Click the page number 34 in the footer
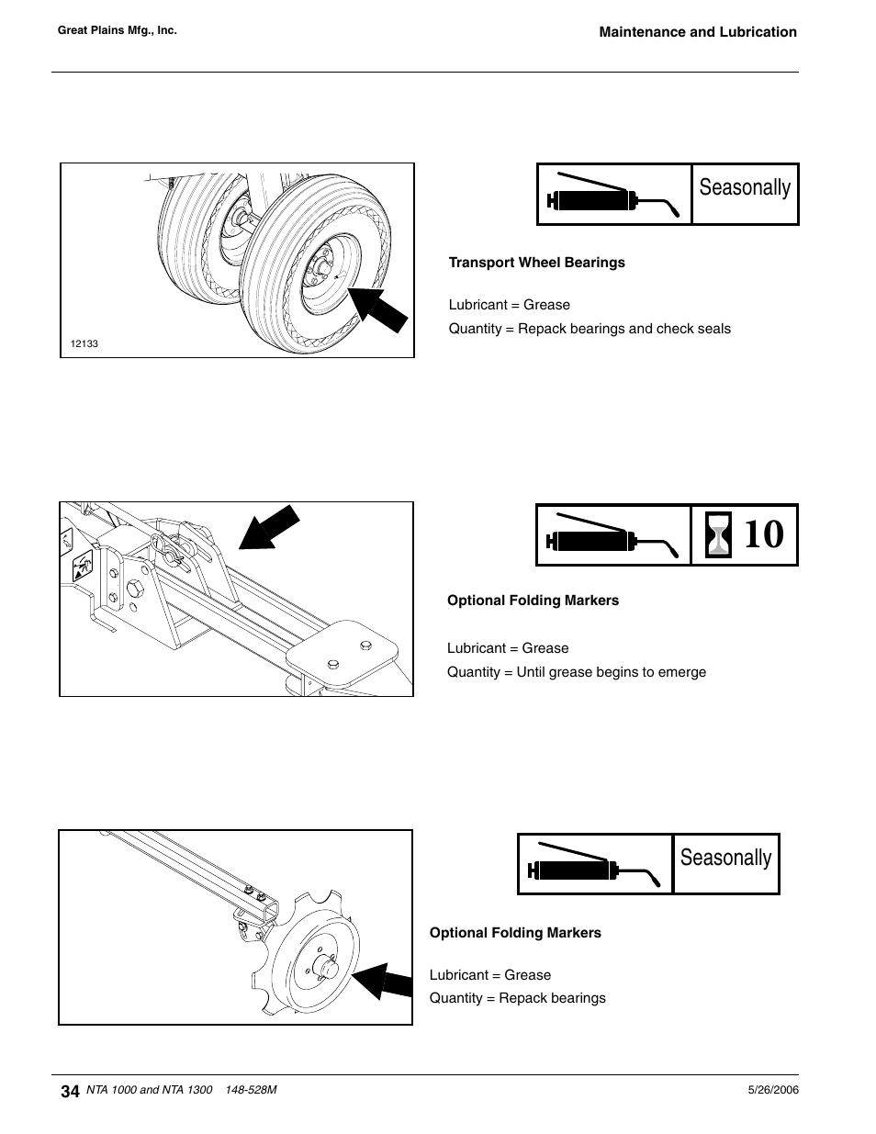point(69,1091)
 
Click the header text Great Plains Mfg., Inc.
point(117,30)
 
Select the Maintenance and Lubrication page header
point(698,32)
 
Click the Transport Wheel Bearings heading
point(536,263)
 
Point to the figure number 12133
point(84,344)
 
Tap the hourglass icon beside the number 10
point(717,535)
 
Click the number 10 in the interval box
point(763,535)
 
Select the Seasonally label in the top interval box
point(745,187)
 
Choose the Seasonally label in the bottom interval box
point(725,858)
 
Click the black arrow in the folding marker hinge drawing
point(271,527)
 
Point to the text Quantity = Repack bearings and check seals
point(590,329)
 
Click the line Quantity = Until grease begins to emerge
point(577,672)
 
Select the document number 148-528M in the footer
point(251,1090)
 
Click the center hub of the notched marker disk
point(326,966)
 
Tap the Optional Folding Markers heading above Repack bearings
point(515,933)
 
